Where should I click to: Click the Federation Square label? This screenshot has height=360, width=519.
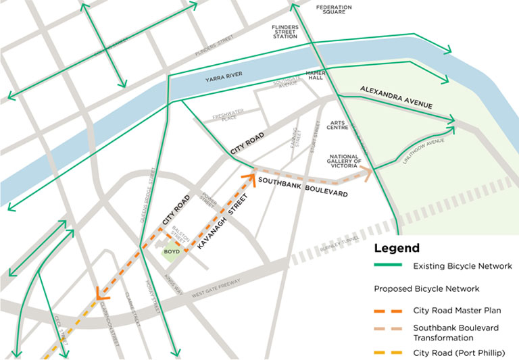coord(334,9)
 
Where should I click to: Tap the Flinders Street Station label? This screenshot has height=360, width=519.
coord(285,32)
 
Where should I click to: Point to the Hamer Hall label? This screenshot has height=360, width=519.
coord(316,75)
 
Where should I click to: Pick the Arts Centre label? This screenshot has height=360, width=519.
coord(337,124)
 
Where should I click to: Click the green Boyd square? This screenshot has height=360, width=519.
coord(172,252)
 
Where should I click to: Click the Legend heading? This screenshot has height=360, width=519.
coord(397,248)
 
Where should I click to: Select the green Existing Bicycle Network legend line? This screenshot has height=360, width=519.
coord(388,265)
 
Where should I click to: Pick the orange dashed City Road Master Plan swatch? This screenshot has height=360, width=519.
coord(388,311)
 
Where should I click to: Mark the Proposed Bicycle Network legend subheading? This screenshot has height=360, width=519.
coord(426,288)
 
